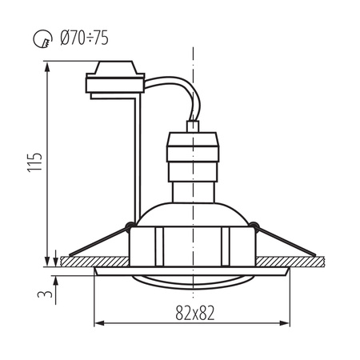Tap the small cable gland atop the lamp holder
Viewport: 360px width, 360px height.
pyautogui.click(x=192, y=126)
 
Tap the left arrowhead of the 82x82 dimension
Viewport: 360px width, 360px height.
pyautogui.click(x=98, y=323)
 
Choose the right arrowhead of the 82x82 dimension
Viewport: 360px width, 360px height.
pyautogui.click(x=286, y=323)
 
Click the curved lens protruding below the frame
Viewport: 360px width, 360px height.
pyautogui.click(x=192, y=279)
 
